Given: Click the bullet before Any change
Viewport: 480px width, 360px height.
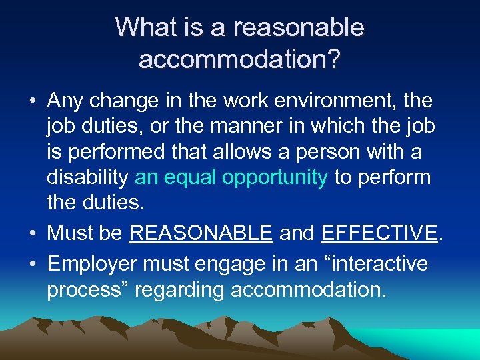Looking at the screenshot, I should pos(33,102).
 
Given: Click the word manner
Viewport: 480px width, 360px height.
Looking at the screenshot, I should pos(238,127).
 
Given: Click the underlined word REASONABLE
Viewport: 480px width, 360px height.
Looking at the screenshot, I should pos(201,233).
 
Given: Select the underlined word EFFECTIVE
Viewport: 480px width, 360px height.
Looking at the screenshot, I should pos(378,233).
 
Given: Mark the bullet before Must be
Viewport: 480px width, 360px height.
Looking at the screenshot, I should pos(33,233).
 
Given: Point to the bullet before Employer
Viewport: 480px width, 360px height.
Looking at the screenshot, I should pos(33,264).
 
